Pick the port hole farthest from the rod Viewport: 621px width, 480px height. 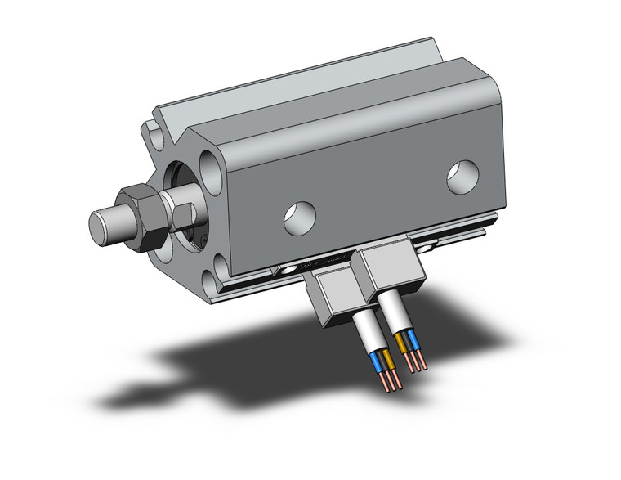[x=462, y=176]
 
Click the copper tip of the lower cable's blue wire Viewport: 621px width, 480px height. [x=383, y=382]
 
